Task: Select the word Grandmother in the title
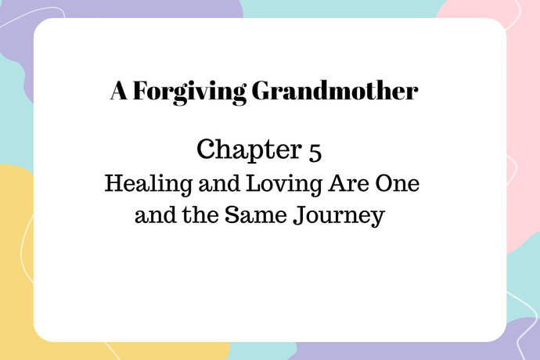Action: [x=334, y=92]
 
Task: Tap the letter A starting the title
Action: [x=117, y=92]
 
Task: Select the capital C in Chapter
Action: [x=206, y=149]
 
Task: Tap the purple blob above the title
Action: [x=157, y=9]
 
